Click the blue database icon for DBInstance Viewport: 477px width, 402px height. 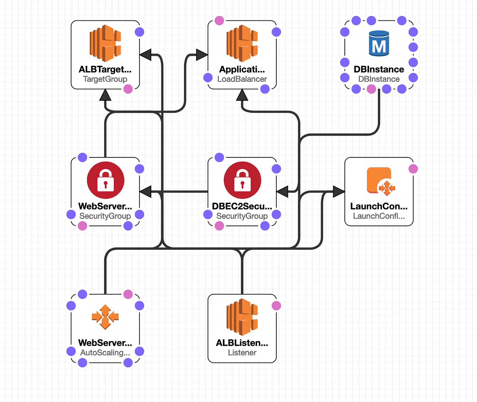379,43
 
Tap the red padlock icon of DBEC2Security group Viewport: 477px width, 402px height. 242,180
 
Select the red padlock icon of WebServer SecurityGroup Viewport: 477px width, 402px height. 105,180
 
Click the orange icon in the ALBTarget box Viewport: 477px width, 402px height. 105,43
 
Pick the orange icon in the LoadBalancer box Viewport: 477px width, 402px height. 242,43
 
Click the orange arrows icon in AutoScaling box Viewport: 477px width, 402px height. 105,317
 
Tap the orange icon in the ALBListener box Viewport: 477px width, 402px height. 242,317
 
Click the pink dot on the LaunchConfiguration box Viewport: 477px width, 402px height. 413,169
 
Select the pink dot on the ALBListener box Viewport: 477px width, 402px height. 276,306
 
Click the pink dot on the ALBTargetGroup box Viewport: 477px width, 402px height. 128,89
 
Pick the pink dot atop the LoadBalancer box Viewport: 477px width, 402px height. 219,20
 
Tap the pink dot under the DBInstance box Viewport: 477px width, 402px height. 371,89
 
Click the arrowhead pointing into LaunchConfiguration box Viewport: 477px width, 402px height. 339,191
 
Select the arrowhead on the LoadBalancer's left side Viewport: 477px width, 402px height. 202,55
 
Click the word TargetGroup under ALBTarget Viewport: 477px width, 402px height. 105,79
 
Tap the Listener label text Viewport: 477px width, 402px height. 242,353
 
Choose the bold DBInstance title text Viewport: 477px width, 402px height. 379,69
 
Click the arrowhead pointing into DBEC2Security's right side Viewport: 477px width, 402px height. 282,191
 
